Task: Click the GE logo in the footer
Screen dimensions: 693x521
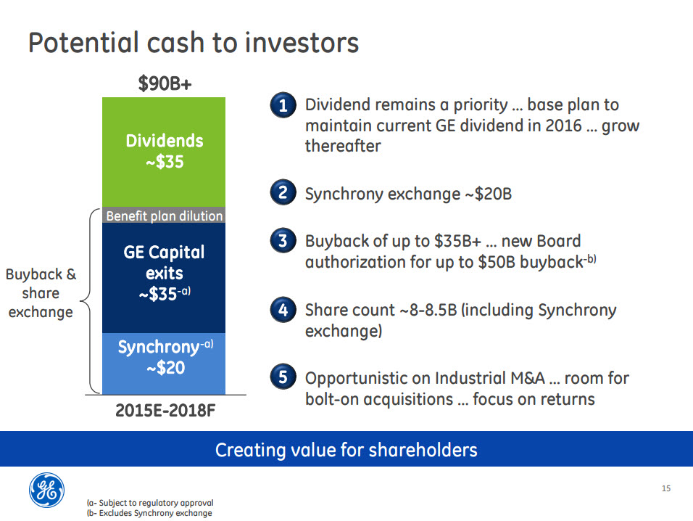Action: [46, 490]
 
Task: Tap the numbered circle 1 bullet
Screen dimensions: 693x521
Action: [283, 105]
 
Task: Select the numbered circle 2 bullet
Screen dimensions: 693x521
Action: [283, 192]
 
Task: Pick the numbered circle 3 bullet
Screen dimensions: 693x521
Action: [283, 241]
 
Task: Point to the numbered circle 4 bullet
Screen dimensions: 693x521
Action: [283, 310]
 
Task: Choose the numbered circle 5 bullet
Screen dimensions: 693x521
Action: [283, 377]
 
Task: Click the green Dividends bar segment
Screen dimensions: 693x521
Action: [164, 152]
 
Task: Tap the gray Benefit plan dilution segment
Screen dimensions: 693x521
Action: [164, 215]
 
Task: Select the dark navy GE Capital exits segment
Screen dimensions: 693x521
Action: [164, 278]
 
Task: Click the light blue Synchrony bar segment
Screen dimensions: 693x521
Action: [164, 364]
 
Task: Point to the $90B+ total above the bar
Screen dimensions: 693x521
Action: [165, 83]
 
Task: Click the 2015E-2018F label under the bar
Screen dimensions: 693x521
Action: [165, 411]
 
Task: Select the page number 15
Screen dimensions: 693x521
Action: [666, 488]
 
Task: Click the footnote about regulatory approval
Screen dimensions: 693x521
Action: [150, 503]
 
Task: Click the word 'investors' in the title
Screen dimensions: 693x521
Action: [302, 43]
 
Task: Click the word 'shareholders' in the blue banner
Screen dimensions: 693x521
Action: [423, 450]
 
